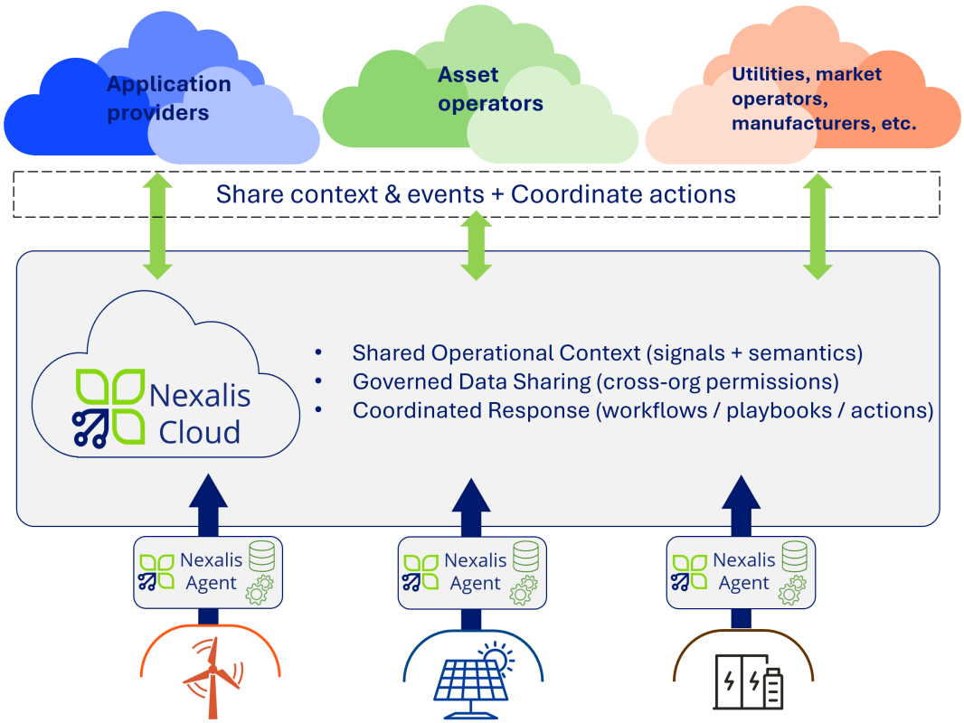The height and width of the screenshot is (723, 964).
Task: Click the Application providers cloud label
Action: tap(168, 99)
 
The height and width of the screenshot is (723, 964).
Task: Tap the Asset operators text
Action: tap(490, 89)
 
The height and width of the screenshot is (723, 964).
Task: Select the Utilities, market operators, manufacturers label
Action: tap(823, 99)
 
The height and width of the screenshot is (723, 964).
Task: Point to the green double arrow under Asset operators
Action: tap(476, 245)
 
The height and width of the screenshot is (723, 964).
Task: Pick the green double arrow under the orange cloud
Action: tap(818, 226)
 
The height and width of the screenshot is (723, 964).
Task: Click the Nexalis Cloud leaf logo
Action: tap(109, 407)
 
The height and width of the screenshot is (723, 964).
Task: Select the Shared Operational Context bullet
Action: tap(607, 352)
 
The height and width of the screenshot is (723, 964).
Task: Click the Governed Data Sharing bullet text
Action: tap(595, 381)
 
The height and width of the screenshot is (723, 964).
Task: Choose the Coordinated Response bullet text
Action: tap(642, 410)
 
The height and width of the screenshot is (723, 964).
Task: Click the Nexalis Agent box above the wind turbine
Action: tap(208, 571)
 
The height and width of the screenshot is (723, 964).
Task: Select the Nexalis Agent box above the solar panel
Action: tap(472, 571)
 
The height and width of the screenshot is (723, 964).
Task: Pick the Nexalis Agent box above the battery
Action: tap(741, 571)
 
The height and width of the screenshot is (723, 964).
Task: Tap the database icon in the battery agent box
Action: tap(794, 556)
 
